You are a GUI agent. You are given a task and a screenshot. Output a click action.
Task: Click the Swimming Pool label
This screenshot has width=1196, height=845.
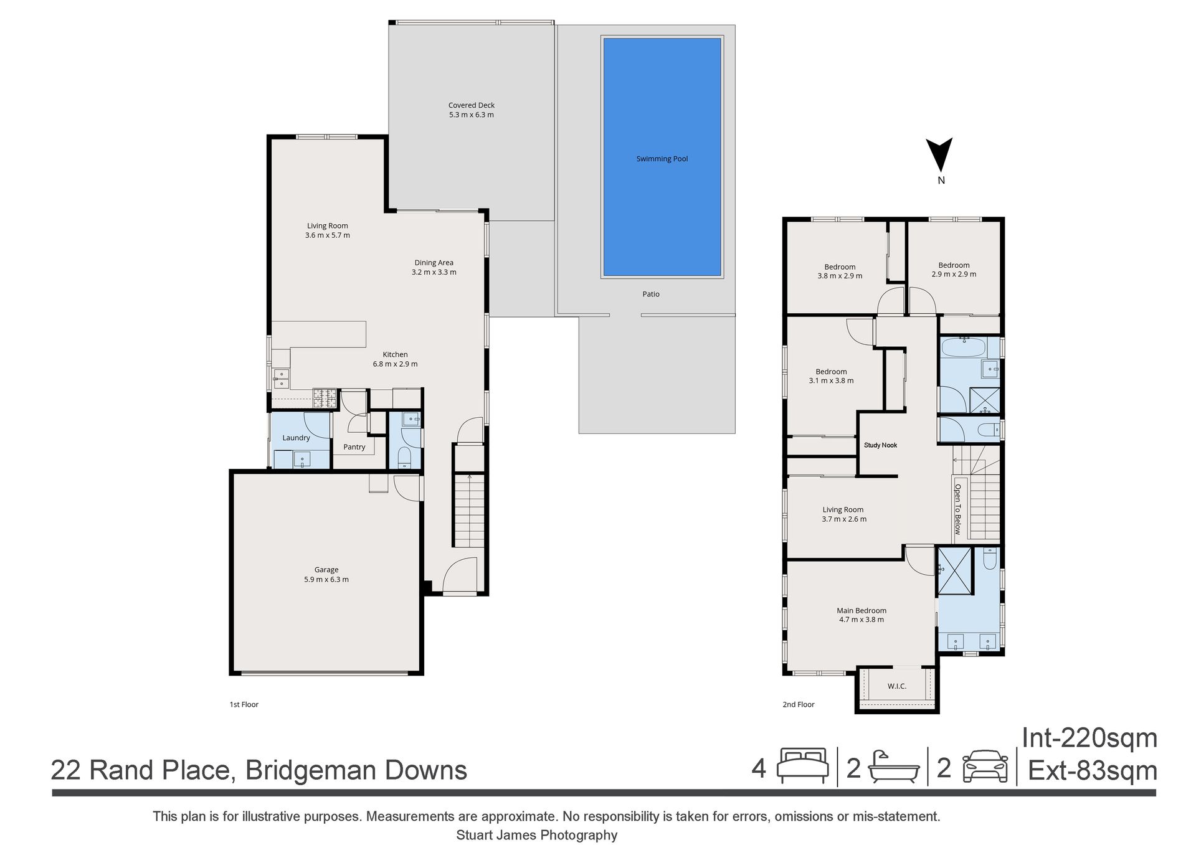[x=662, y=159]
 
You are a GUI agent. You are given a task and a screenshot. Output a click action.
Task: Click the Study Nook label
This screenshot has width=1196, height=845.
[x=880, y=445]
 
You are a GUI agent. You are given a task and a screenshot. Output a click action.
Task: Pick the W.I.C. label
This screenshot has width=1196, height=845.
[x=897, y=686]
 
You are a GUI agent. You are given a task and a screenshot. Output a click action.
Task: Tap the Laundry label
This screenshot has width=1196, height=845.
[x=296, y=438]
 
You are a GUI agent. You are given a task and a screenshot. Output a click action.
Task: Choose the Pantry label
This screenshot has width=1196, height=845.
[x=354, y=447]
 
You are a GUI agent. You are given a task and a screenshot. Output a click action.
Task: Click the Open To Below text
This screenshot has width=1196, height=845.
[x=958, y=509]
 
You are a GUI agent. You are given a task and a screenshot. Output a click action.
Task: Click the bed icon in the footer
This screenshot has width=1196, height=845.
[x=802, y=765]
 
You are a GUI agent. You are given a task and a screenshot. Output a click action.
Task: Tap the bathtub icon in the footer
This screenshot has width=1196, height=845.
[x=894, y=767]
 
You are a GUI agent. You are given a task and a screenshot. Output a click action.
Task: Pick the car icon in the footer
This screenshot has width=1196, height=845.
[x=985, y=767]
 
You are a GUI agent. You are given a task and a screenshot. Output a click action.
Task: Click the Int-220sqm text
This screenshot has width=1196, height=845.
[x=1089, y=738]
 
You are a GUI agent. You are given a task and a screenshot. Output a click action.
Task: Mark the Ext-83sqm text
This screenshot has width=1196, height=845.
[x=1093, y=771]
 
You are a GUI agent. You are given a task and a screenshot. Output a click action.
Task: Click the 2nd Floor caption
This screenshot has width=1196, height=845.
[x=799, y=704]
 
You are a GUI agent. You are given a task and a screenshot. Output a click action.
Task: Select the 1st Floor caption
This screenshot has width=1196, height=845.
[x=244, y=704]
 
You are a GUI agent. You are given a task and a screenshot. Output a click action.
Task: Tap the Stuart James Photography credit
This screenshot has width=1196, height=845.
[x=537, y=835]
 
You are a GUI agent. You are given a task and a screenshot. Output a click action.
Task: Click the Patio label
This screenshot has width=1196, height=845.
[x=651, y=294]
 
